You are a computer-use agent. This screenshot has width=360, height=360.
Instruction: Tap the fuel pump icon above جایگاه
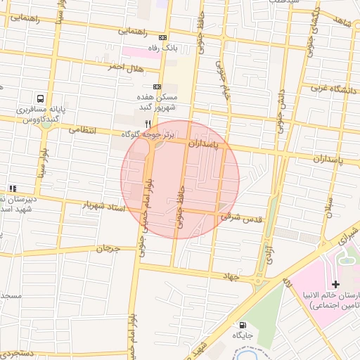click(x=243, y=325)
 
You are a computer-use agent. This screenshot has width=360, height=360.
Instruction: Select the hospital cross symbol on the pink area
click(x=335, y=285)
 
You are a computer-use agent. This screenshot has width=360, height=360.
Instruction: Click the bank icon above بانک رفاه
click(x=163, y=38)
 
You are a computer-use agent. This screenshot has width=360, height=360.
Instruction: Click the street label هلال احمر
click(x=125, y=67)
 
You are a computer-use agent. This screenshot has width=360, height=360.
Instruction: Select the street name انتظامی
click(x=83, y=130)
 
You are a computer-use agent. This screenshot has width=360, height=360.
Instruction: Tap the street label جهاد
click(x=231, y=276)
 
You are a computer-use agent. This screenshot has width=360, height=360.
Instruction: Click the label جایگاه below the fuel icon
click(x=243, y=337)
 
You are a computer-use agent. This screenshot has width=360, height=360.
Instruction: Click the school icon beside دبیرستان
click(x=13, y=188)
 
